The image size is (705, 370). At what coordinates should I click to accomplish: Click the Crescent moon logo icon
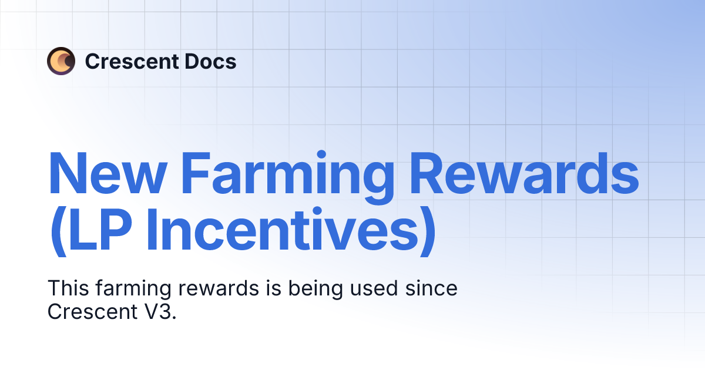(61, 60)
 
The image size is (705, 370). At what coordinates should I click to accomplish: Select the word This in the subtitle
(67, 289)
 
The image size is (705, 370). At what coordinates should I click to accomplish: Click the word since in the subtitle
(432, 289)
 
